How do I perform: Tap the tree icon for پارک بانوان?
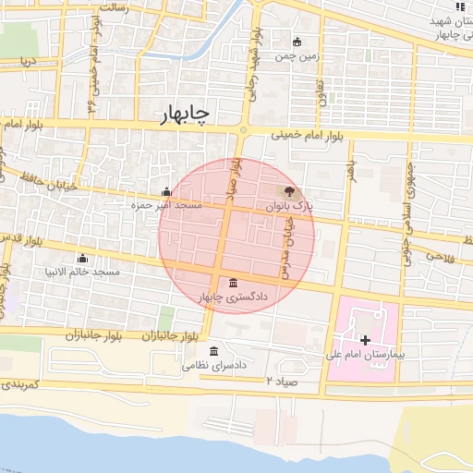click(x=290, y=192)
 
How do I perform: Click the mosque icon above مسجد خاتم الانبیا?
click(x=83, y=258)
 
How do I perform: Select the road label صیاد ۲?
click(x=282, y=381)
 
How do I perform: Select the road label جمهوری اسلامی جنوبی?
click(x=406, y=215)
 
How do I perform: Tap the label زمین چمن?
click(x=297, y=55)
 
